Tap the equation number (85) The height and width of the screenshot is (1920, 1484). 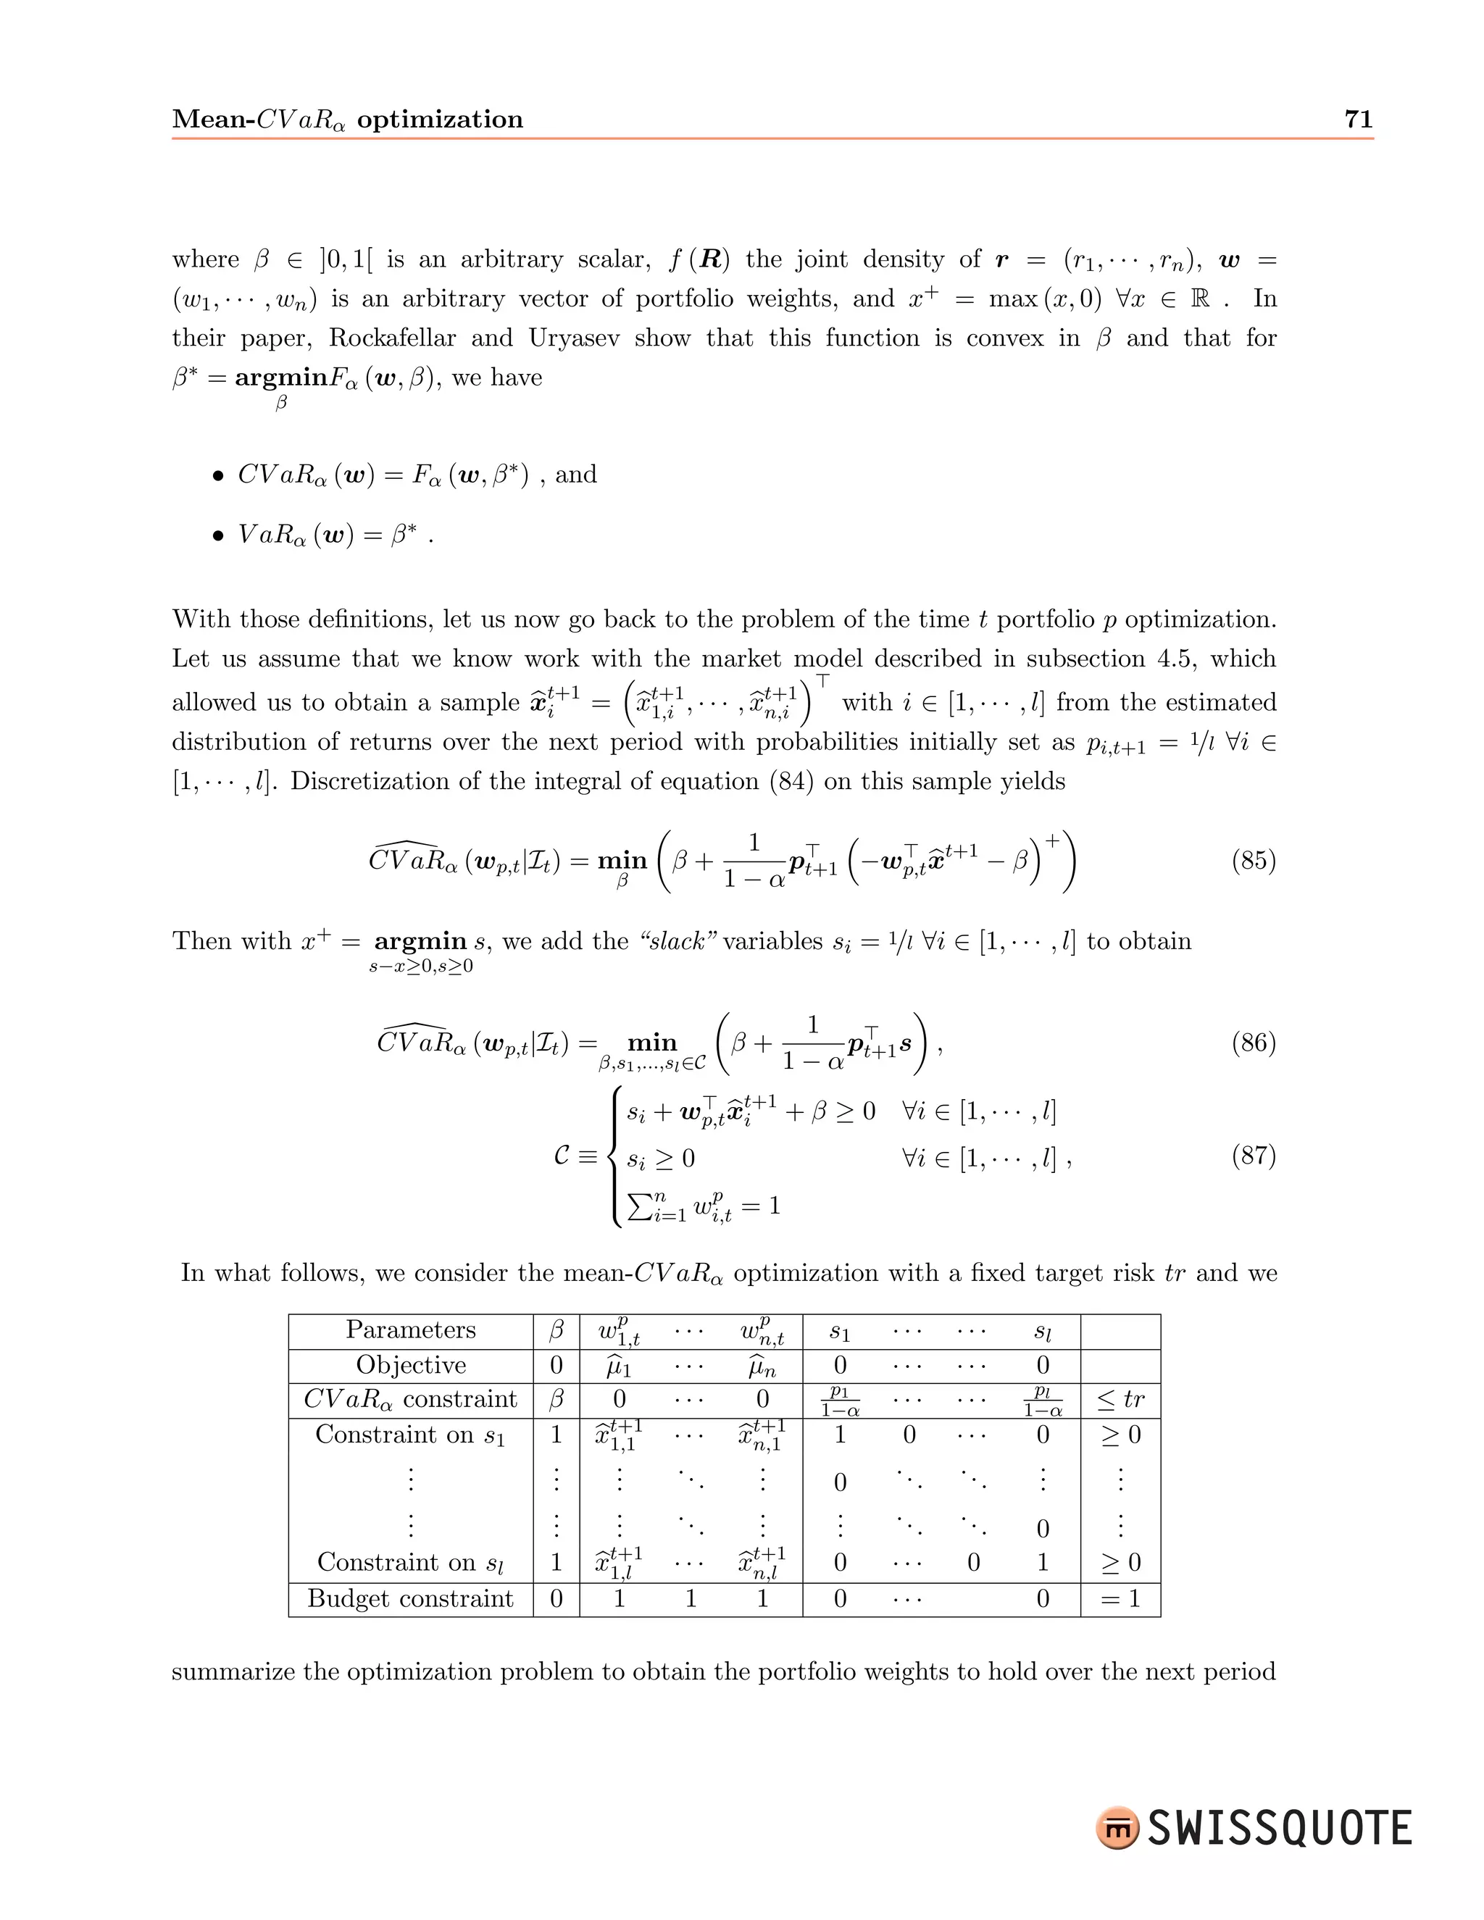[1253, 860]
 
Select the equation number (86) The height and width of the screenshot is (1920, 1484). [1253, 1043]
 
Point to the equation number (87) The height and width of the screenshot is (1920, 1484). [1253, 1155]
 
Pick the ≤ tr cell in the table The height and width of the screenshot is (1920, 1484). [1121, 1400]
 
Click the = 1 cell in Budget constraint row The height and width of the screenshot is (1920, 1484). [1120, 1599]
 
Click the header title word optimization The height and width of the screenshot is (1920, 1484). [440, 120]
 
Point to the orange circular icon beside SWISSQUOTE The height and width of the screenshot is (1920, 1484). [1117, 1828]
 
